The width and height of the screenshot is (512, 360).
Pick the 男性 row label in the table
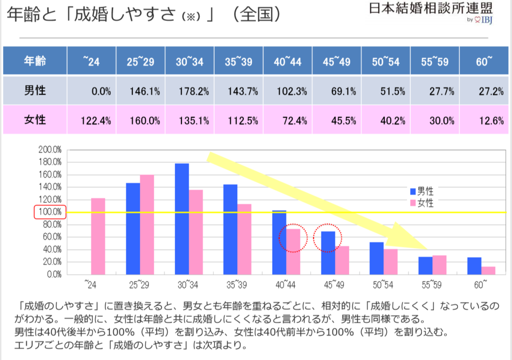coord(35,91)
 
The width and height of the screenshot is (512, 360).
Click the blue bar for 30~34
coord(182,218)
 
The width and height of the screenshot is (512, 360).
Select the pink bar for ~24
coord(98,236)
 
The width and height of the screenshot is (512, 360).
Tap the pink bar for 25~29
coord(147,224)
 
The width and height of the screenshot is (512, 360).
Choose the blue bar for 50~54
coord(376,258)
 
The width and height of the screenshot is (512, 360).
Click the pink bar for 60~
coord(488,270)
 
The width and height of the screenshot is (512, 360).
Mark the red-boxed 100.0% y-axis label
coord(49,212)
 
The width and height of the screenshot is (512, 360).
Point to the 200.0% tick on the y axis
coord(49,149)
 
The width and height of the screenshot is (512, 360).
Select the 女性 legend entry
coord(421,203)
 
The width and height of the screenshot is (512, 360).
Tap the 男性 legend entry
coord(421,191)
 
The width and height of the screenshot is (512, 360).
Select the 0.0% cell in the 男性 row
coord(101,91)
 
